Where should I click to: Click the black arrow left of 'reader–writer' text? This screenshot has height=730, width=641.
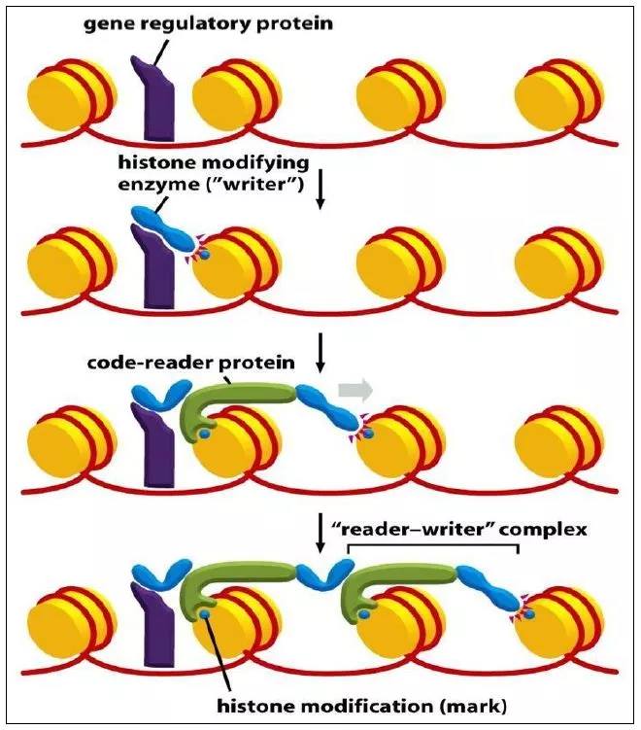click(320, 534)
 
